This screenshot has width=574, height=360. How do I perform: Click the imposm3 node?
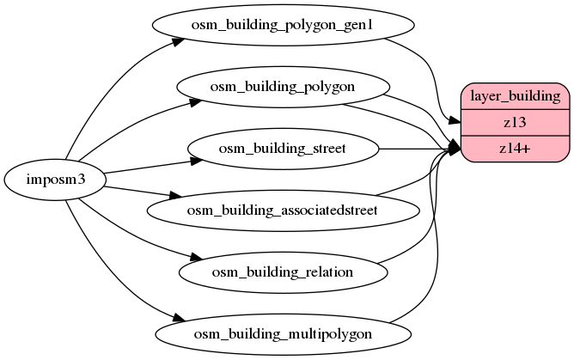pyautogui.click(x=55, y=180)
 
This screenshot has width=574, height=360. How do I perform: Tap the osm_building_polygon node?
pyautogui.click(x=283, y=87)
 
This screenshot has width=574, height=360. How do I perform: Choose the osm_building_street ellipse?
pyautogui.click(x=283, y=149)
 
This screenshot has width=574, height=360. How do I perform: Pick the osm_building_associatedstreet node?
pyautogui.click(x=283, y=209)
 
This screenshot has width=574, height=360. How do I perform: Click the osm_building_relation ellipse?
pyautogui.click(x=283, y=272)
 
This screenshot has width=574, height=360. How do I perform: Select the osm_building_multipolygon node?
pyautogui.click(x=283, y=333)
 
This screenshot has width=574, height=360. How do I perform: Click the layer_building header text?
pyautogui.click(x=516, y=96)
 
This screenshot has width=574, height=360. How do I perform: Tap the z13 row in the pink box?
pyautogui.click(x=516, y=123)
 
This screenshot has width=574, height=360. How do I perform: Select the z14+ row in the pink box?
pyautogui.click(x=516, y=149)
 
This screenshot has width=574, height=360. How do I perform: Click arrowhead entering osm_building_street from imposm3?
pyautogui.click(x=195, y=159)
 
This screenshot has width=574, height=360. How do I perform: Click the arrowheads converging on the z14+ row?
pyautogui.click(x=455, y=149)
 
